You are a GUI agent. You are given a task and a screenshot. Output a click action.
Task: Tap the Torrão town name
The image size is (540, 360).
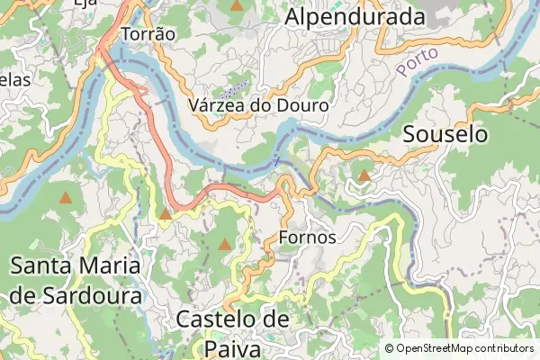pyautogui.click(x=147, y=32)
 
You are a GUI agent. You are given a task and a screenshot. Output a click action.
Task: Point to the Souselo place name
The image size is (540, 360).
pyautogui.click(x=445, y=135)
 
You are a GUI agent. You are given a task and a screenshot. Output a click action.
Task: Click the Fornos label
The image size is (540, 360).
pyautogui.click(x=308, y=238)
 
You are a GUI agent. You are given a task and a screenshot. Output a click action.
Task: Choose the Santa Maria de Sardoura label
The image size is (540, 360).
pyautogui.click(x=76, y=280)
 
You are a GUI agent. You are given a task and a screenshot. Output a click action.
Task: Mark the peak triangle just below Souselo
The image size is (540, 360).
pyautogui.click(x=364, y=175)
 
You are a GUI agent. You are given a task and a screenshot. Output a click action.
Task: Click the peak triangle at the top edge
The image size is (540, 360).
pyautogui.click(x=237, y=5)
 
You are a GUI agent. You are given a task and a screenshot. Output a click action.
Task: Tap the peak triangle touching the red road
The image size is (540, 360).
pyautogui.click(x=166, y=214)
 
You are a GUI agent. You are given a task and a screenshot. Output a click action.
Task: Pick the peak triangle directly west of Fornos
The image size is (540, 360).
pyautogui.click(x=225, y=244)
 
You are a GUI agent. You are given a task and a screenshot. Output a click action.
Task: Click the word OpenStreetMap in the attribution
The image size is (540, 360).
pyautogui.click(x=436, y=348)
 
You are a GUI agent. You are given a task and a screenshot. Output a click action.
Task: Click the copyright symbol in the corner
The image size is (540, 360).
pyautogui.click(x=389, y=348)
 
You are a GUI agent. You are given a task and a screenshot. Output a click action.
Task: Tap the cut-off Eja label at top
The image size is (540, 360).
pyautogui.click(x=85, y=3)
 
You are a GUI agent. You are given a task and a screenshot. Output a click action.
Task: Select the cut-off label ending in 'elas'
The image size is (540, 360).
pyautogui.click(x=15, y=79)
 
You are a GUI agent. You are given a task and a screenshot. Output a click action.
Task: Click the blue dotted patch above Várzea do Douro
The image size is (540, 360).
pyautogui.click(x=236, y=88)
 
